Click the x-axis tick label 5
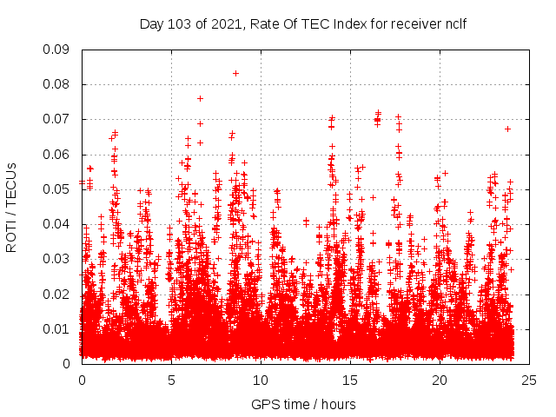[x=171, y=381]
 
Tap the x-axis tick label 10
[x=261, y=381]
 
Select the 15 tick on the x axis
[x=350, y=381]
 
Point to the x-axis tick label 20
[x=440, y=381]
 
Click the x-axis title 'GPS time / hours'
[x=303, y=404]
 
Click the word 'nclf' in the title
[x=454, y=23]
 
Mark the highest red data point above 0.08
[x=235, y=73]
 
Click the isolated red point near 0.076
[x=200, y=98]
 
